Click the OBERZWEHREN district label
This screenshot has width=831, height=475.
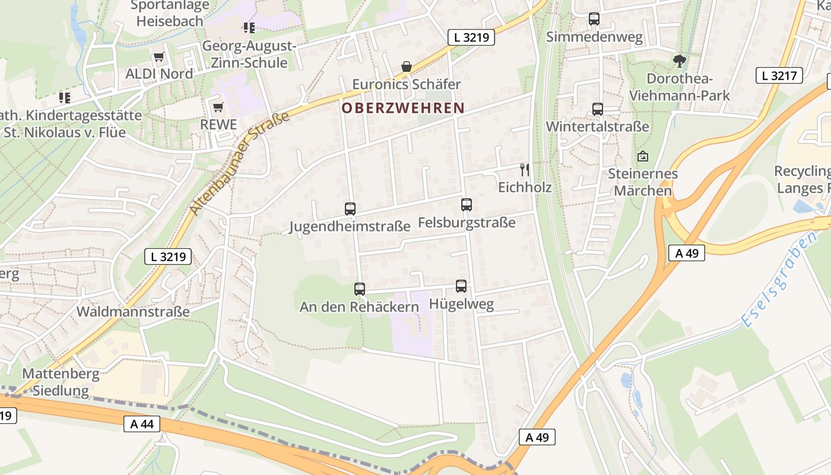pyautogui.click(x=402, y=108)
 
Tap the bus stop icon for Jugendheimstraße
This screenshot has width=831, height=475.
pyautogui.click(x=350, y=209)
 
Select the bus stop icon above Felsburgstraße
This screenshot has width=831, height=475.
pyautogui.click(x=467, y=205)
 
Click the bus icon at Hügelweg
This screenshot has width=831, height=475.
pyautogui.click(x=461, y=286)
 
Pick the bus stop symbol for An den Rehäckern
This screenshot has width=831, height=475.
pyautogui.click(x=360, y=289)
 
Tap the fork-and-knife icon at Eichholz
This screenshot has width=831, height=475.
pyautogui.click(x=524, y=170)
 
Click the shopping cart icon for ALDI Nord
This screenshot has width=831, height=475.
pyautogui.click(x=158, y=57)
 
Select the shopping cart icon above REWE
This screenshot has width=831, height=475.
pyautogui.click(x=218, y=107)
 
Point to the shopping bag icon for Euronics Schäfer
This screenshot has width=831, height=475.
pyautogui.click(x=407, y=66)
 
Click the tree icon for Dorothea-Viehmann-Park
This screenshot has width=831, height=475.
pyautogui.click(x=680, y=61)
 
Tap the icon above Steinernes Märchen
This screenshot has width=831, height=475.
pyautogui.click(x=642, y=156)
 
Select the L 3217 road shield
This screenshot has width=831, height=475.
pyautogui.click(x=779, y=75)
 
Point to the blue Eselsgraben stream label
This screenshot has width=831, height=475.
pyautogui.click(x=779, y=279)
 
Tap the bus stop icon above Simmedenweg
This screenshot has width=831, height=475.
pyautogui.click(x=594, y=19)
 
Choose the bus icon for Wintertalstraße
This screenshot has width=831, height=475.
pyautogui.click(x=598, y=109)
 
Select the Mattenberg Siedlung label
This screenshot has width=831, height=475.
pyautogui.click(x=61, y=382)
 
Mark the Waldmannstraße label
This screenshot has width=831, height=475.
pyautogui.click(x=133, y=311)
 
